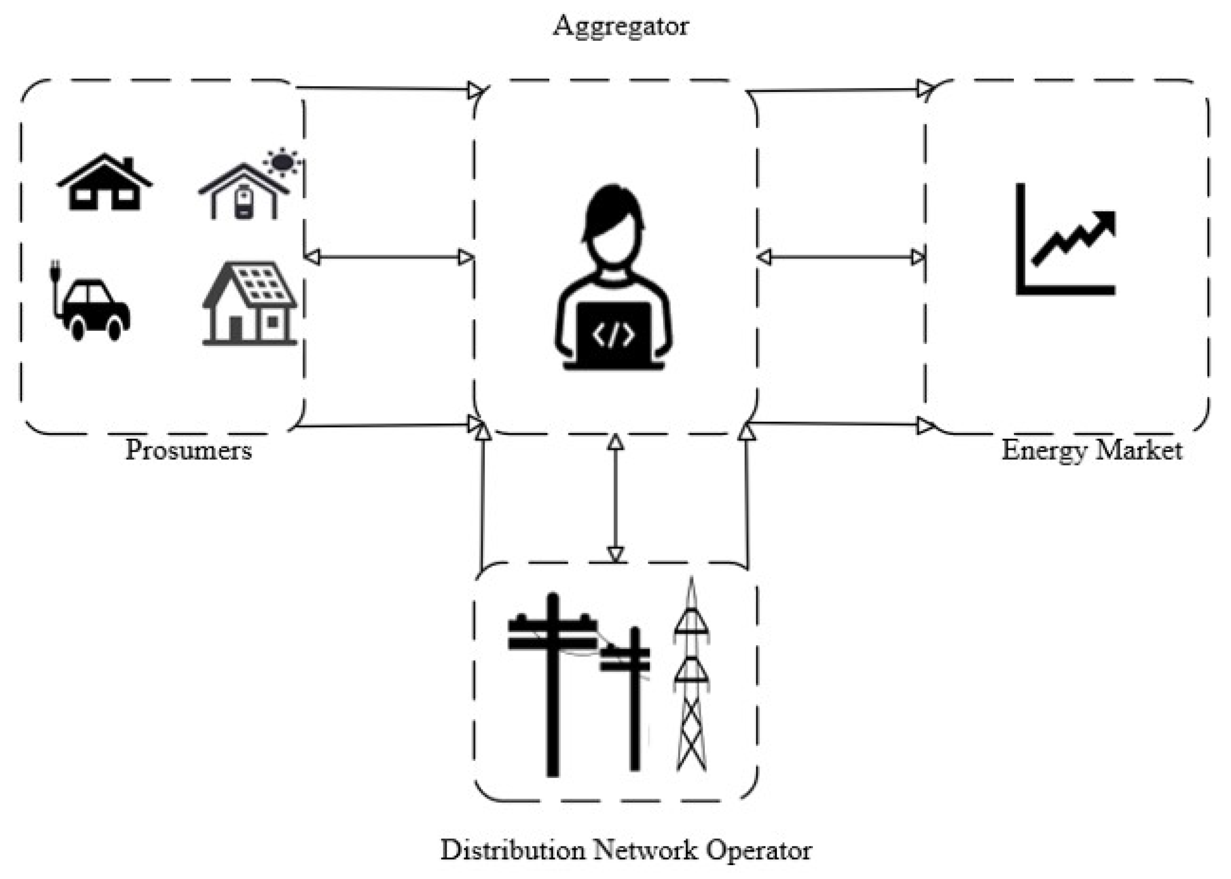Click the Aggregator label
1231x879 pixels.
click(620, 26)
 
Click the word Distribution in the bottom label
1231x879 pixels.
click(512, 850)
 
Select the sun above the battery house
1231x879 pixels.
click(282, 162)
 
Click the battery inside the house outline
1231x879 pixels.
click(244, 203)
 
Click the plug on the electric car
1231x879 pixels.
click(55, 271)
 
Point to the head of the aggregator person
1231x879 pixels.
click(613, 227)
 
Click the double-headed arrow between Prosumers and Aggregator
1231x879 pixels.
click(389, 257)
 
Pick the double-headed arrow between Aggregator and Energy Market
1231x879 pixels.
click(841, 257)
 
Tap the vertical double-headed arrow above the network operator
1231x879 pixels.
click(615, 499)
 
